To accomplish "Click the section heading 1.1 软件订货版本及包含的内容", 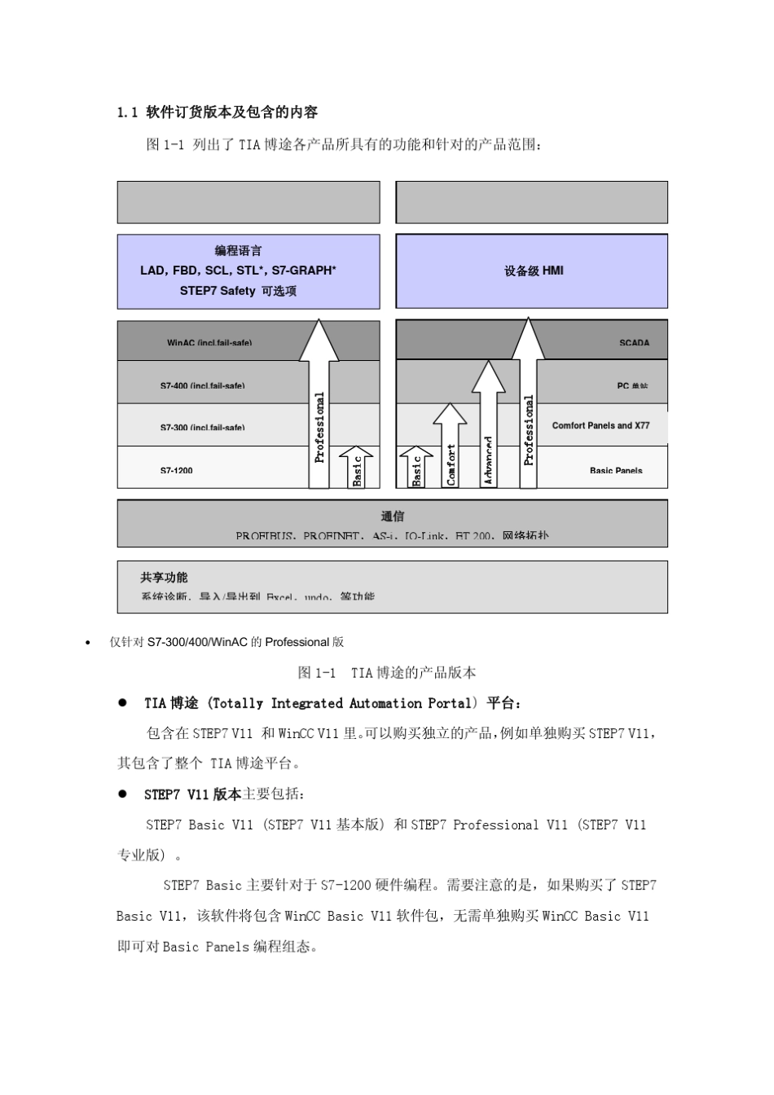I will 218,112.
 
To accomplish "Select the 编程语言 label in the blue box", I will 238,251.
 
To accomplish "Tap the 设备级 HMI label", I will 534,270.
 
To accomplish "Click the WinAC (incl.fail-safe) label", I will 209,343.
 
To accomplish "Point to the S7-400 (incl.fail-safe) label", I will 202,385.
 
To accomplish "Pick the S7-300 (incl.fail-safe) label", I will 202,427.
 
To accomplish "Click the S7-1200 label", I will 176,470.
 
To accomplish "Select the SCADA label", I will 634,343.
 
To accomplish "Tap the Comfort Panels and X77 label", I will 600,425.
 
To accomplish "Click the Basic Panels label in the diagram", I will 615,470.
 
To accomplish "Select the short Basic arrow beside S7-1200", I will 356,468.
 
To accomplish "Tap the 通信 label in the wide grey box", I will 392,517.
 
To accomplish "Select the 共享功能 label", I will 164,578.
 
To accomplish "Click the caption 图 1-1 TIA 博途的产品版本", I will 387,673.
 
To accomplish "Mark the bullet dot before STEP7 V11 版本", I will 123,793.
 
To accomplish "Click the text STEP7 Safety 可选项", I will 238,291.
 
